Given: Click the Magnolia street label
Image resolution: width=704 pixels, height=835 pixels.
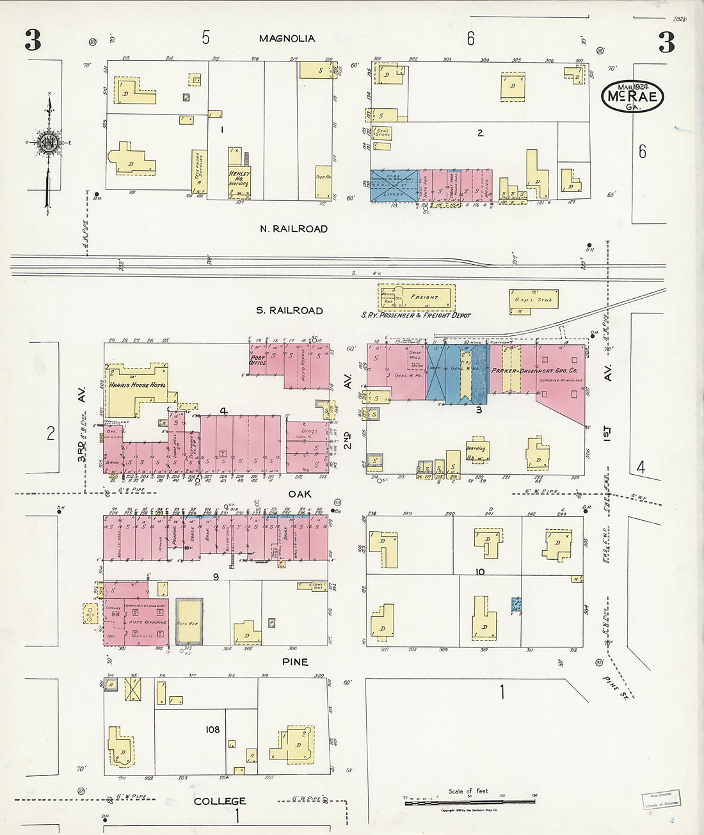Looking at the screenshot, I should coord(287,38).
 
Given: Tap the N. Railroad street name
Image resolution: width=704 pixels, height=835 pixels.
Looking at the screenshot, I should coord(294,228).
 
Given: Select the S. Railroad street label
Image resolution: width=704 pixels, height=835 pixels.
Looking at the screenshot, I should coord(289,310).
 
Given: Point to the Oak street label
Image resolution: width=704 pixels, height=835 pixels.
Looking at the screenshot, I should coord(300,493).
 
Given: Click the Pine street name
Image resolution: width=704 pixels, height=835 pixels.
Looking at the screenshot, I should coord(294,662).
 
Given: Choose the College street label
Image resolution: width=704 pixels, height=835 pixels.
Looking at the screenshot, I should coord(220,801).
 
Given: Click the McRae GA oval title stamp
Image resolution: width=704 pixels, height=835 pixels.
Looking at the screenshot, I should coord(632,97).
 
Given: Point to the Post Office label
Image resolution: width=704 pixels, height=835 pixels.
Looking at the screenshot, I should coord(258,360).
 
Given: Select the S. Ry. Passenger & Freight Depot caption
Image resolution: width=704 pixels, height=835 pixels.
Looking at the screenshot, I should coord(415,315).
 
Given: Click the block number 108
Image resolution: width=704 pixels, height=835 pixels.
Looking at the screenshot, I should coord(212,729).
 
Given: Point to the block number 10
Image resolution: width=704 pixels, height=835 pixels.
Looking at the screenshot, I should coord(480,571).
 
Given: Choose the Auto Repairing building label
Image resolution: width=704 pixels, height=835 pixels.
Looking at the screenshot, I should coord(147,622).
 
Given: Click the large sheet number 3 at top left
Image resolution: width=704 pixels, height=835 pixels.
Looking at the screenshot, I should coord(33,41).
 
